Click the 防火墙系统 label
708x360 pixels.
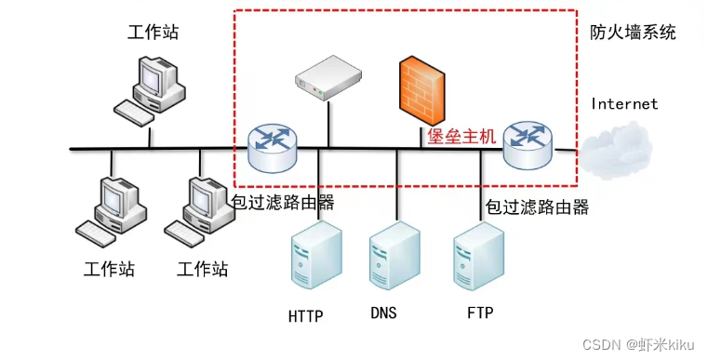pyautogui.click(x=633, y=33)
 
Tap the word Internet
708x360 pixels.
pyautogui.click(x=624, y=104)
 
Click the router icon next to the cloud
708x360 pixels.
pyautogui.click(x=527, y=143)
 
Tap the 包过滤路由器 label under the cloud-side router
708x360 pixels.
pyautogui.click(x=537, y=207)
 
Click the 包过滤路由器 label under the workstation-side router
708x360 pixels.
pyautogui.click(x=282, y=201)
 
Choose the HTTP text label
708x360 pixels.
pyautogui.click(x=305, y=316)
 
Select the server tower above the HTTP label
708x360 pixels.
pyautogui.click(x=312, y=260)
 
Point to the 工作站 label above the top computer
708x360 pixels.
pyautogui.click(x=153, y=33)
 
